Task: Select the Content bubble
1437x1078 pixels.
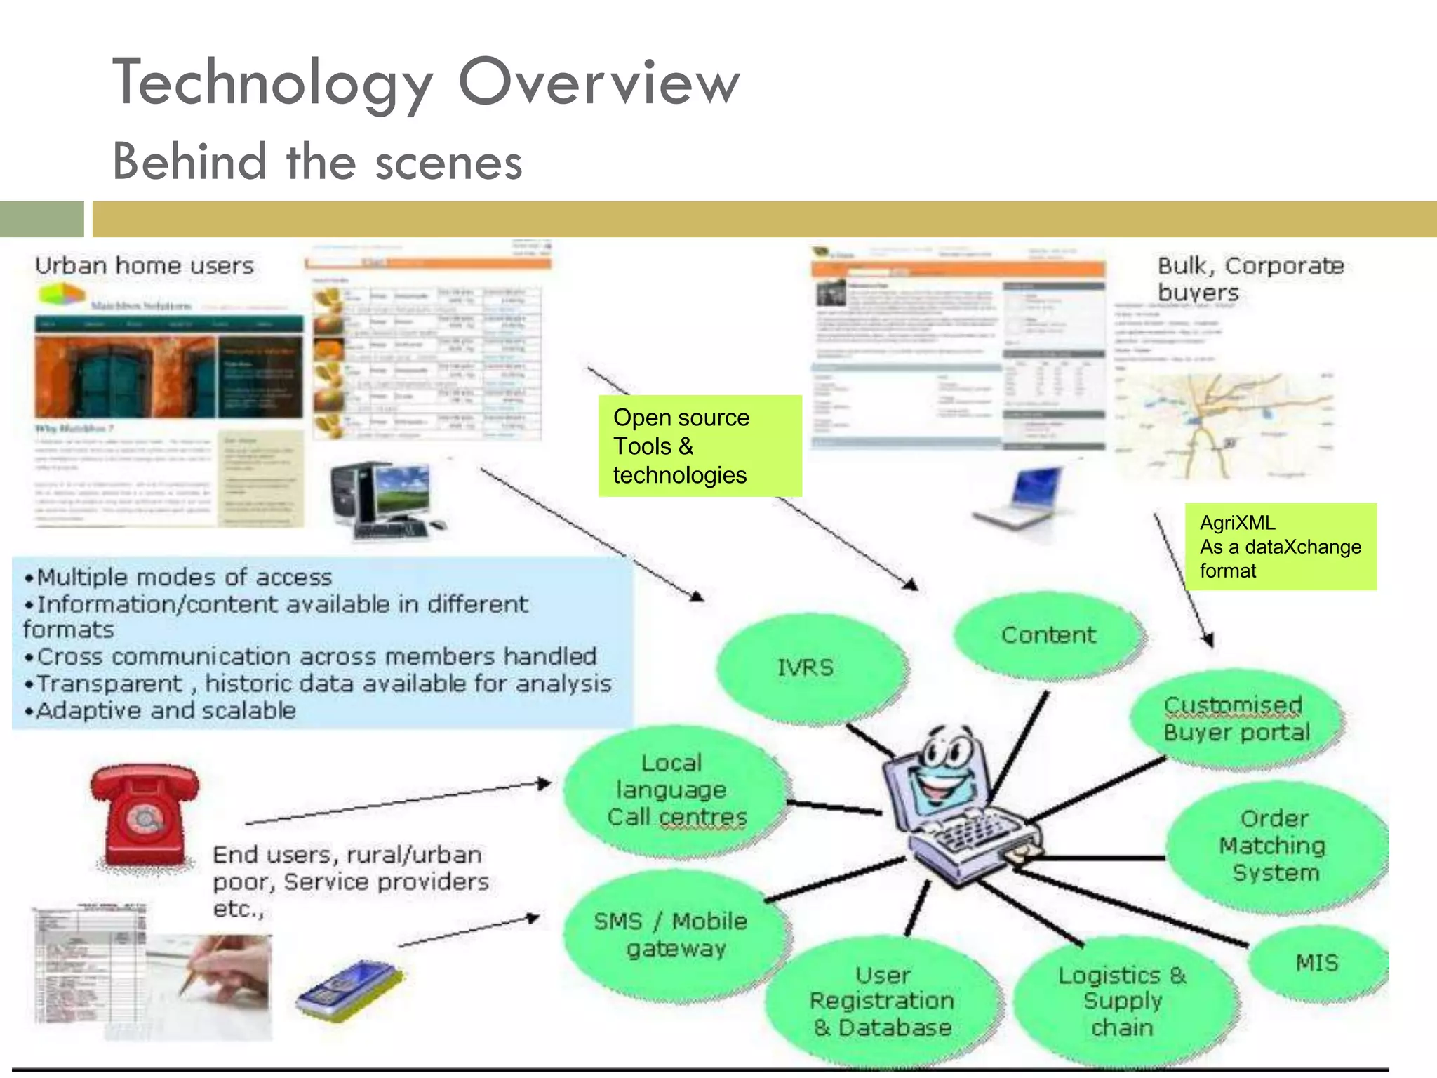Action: [1048, 635]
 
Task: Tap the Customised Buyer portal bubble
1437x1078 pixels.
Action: [1236, 719]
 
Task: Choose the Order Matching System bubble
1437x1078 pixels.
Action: [1274, 846]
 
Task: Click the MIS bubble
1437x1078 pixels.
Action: [1317, 963]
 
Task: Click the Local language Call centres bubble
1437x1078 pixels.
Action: [675, 790]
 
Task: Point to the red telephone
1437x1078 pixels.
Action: [145, 814]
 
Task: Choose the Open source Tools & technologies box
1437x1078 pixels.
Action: [699, 446]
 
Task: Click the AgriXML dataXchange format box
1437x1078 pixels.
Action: [1280, 547]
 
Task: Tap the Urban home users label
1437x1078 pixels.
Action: [145, 266]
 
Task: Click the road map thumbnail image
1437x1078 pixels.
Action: [1224, 425]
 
